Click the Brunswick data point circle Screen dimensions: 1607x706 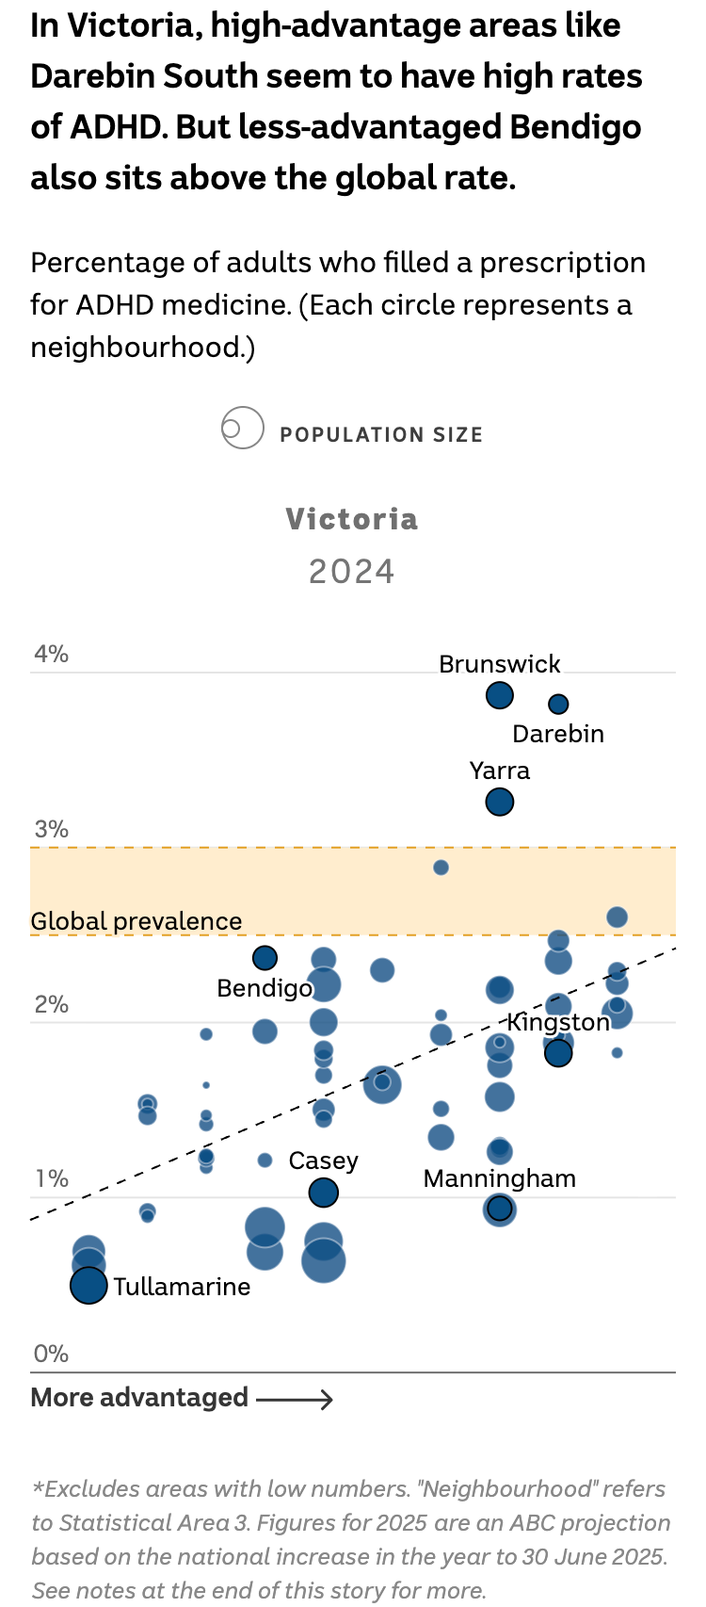[x=500, y=696]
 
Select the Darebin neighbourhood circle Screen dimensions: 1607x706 [x=558, y=704]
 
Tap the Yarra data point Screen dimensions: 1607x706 [x=500, y=803]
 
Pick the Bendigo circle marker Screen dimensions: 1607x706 [x=265, y=958]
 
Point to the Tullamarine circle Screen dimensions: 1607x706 [x=88, y=1285]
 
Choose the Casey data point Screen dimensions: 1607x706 [x=324, y=1193]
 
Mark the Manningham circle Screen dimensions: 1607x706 [x=500, y=1209]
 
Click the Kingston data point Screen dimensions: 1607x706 [x=558, y=1053]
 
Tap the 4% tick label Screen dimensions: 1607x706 [x=51, y=654]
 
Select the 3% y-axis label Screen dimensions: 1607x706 [x=51, y=829]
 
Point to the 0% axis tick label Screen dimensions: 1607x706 [x=51, y=1354]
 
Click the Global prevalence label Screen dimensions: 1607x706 [x=136, y=921]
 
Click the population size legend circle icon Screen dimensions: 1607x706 [x=242, y=429]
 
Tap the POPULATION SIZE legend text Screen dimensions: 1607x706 [x=381, y=434]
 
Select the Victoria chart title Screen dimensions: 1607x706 [x=352, y=519]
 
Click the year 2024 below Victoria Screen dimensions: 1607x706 [x=352, y=572]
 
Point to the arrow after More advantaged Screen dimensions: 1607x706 [x=295, y=1400]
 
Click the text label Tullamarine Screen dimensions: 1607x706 [x=183, y=1287]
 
